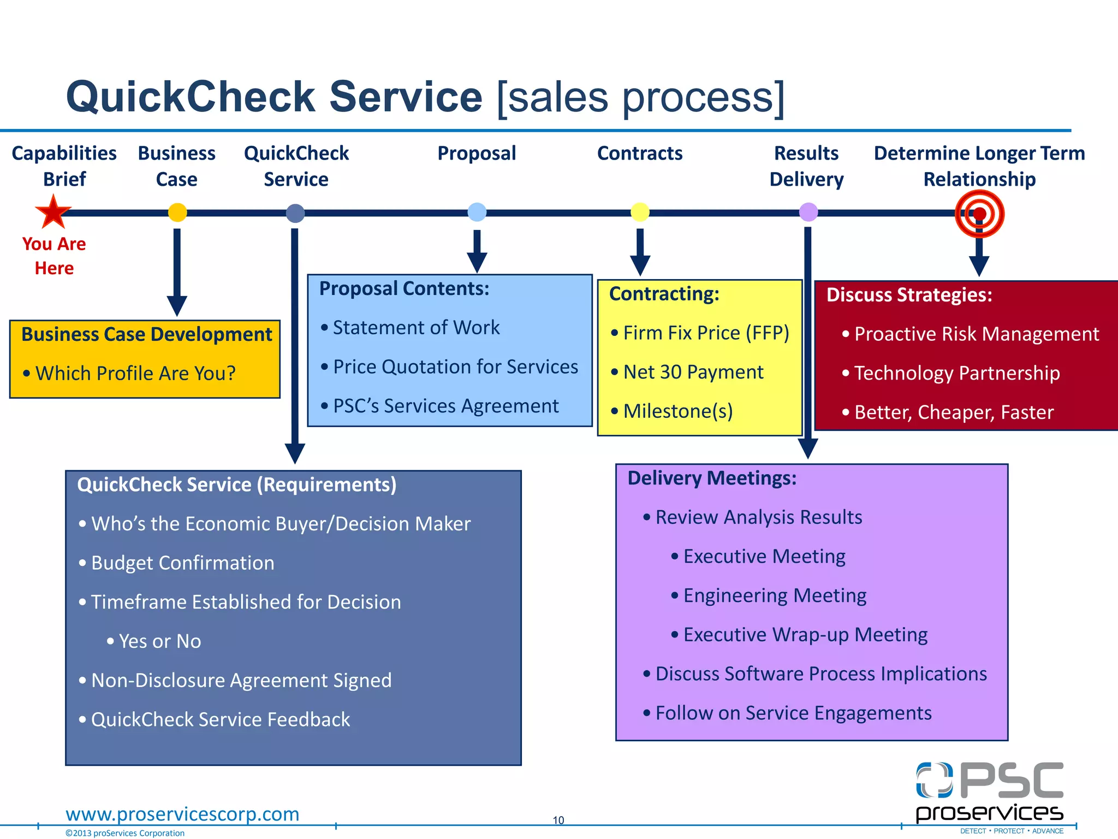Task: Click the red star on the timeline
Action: pos(53,212)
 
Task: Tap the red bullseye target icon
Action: pos(979,214)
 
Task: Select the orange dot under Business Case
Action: pos(177,212)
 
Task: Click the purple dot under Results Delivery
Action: pos(808,211)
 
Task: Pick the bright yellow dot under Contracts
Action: pos(640,211)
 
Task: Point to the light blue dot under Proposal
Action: pos(477,211)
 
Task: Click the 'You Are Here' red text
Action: pos(54,256)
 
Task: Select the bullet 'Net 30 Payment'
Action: pos(693,372)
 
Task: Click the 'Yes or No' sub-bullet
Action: pos(159,641)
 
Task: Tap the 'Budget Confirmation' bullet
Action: pos(182,563)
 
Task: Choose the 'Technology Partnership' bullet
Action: pos(956,373)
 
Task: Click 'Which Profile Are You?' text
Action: pos(135,373)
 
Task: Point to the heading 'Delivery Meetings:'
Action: pos(712,478)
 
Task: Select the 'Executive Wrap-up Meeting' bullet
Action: pos(805,635)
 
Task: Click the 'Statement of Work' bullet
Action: pos(415,328)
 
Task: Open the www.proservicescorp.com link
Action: pos(182,814)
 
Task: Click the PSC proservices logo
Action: pos(989,792)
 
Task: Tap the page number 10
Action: pos(558,820)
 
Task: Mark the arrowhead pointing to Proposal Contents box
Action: pos(477,263)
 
